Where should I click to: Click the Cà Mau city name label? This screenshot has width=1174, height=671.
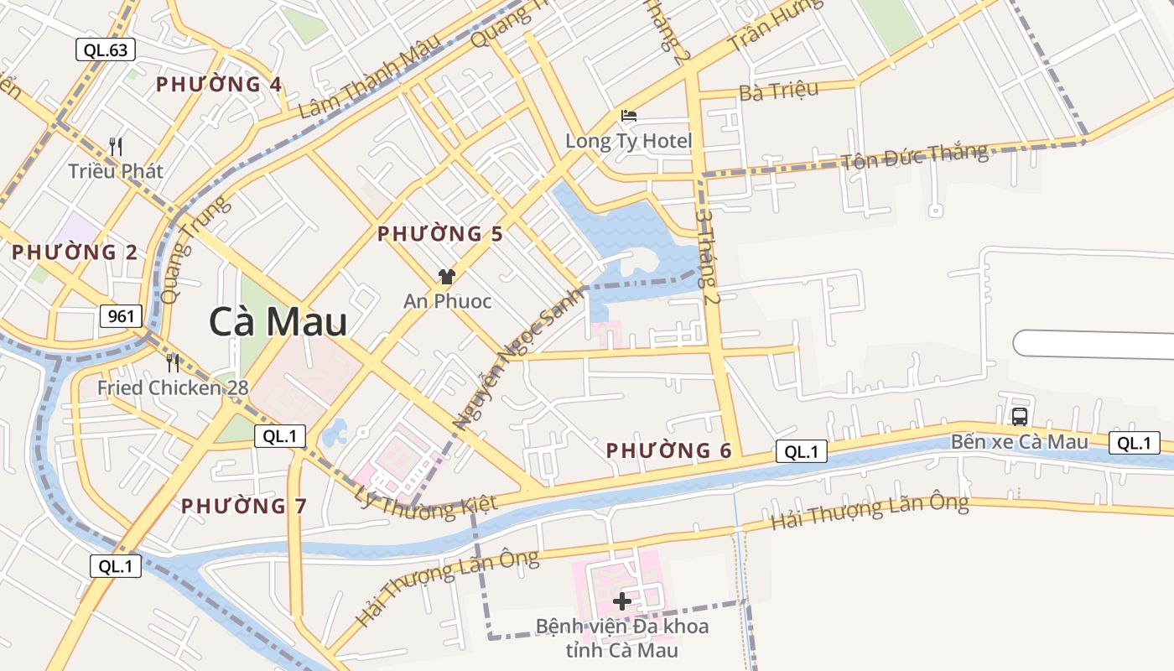tap(278, 321)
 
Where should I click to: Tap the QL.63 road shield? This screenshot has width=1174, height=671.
tap(106, 49)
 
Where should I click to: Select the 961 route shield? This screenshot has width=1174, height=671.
tap(122, 316)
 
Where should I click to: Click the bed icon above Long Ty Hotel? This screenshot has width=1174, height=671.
tap(628, 116)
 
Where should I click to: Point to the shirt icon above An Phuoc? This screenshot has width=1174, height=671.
tap(446, 277)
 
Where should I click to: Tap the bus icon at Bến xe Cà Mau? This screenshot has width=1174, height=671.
tap(1020, 416)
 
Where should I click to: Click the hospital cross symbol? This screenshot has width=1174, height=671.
tap(622, 601)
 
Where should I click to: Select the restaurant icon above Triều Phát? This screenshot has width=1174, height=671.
tap(116, 146)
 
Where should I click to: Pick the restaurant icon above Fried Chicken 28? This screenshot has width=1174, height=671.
tap(173, 363)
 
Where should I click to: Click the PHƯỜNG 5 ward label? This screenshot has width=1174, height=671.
tap(440, 234)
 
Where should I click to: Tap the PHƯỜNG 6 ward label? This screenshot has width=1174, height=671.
tap(669, 450)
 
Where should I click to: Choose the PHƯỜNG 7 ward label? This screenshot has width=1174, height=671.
tap(244, 506)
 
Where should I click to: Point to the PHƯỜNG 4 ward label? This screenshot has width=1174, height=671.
tap(219, 85)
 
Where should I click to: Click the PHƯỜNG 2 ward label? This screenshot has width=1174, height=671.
tap(75, 252)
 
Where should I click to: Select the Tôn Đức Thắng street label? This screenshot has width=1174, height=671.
tap(915, 156)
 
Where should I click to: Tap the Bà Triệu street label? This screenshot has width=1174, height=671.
tap(778, 91)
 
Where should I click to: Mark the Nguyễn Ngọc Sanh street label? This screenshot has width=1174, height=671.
tap(517, 357)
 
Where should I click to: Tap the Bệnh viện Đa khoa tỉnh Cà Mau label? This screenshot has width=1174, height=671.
tap(621, 638)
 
